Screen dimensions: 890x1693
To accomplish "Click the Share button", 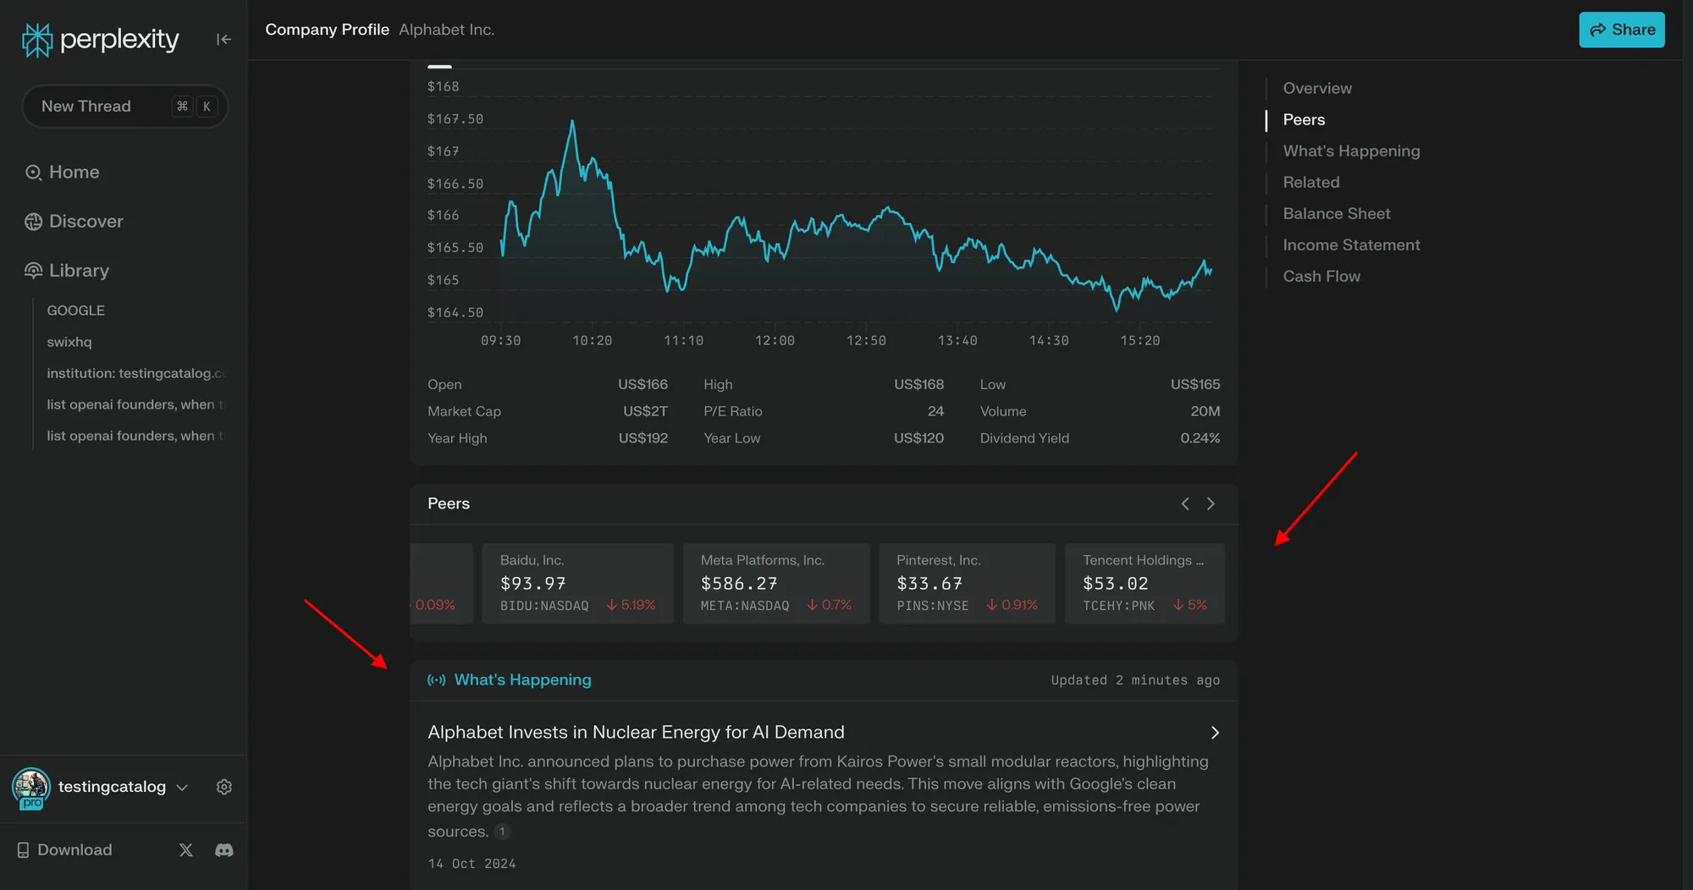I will click(x=1621, y=30).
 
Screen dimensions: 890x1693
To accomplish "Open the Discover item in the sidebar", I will click(x=85, y=222).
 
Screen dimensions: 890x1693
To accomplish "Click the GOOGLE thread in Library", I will click(x=76, y=310).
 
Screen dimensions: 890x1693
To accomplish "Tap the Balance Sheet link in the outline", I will click(x=1336, y=214).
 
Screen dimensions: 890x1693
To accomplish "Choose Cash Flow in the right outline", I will click(x=1321, y=277).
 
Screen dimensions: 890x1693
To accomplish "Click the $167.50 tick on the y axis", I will click(x=455, y=119).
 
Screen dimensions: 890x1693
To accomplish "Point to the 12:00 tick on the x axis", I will click(x=775, y=340).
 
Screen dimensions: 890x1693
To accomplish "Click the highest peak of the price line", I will click(x=572, y=123).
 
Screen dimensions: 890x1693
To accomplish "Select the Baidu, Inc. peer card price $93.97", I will click(x=532, y=584).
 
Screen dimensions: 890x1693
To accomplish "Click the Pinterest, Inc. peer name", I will click(x=938, y=560).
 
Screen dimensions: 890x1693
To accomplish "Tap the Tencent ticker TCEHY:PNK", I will click(x=1118, y=606).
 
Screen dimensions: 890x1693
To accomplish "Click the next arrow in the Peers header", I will click(x=1210, y=504).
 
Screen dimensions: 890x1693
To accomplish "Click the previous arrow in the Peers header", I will click(x=1185, y=504).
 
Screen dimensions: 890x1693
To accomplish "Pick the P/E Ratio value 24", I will click(x=935, y=411).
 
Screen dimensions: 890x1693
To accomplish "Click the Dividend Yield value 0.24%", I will click(x=1199, y=438).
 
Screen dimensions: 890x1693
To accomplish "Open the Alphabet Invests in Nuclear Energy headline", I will click(x=636, y=733).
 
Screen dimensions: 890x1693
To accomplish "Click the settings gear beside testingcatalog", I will click(x=224, y=787).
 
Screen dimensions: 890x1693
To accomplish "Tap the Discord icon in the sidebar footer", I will click(x=224, y=850).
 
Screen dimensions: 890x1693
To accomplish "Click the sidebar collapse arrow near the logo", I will click(x=223, y=39).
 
